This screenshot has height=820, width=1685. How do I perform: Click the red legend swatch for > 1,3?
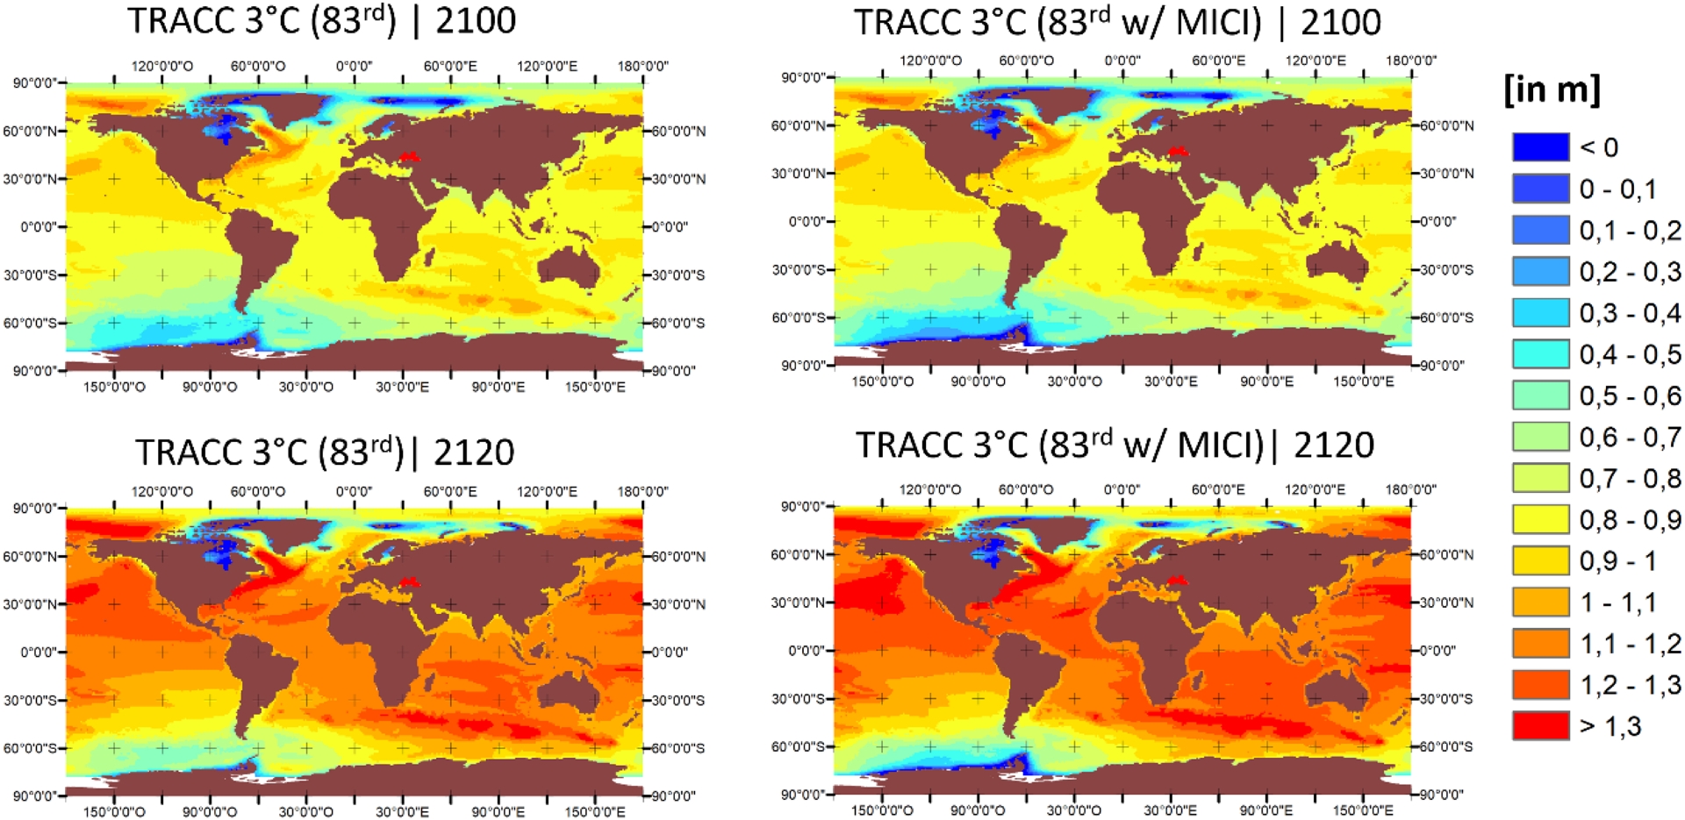[x=1540, y=725]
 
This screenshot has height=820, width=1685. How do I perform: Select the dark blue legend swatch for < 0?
[x=1540, y=146]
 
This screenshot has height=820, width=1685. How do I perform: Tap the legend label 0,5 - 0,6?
[x=1630, y=396]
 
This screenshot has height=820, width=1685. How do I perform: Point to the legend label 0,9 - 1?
[x=1617, y=560]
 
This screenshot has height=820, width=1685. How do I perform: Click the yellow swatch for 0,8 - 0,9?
[x=1540, y=519]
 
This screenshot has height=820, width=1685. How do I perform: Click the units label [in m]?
[x=1552, y=89]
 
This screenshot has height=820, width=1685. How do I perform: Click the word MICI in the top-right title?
[x=1218, y=23]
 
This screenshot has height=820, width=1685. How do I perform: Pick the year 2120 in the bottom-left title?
[x=473, y=453]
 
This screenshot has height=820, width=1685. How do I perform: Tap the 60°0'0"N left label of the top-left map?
[x=30, y=132]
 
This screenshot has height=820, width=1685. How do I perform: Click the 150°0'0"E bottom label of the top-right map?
[x=1363, y=381]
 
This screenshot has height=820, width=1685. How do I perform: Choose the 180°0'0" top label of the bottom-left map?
[x=642, y=491]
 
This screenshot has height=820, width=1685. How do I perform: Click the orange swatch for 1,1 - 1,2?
[x=1540, y=643]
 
